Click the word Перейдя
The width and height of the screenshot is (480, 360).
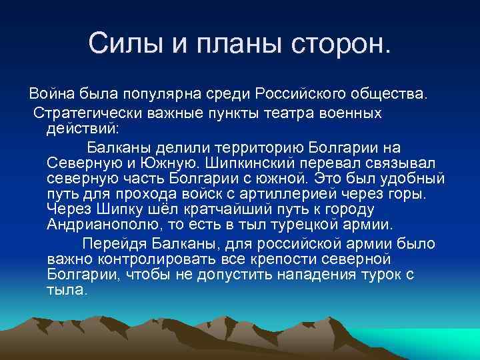tap(111, 243)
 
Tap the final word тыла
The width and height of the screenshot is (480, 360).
tap(67, 291)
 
